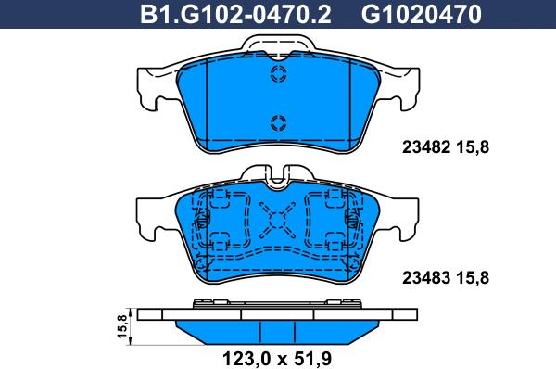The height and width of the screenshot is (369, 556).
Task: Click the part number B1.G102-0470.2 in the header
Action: coord(235,15)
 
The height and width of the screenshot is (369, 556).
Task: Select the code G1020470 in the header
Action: coord(422,15)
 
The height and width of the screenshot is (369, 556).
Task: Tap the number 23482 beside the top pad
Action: coord(426,147)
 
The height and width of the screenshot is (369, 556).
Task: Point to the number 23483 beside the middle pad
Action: coord(426,278)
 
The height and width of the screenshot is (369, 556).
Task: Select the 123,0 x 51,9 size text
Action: coord(277,359)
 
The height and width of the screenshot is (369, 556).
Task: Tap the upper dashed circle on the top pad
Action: coord(278,74)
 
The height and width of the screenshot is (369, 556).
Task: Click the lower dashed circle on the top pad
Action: coord(278,123)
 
